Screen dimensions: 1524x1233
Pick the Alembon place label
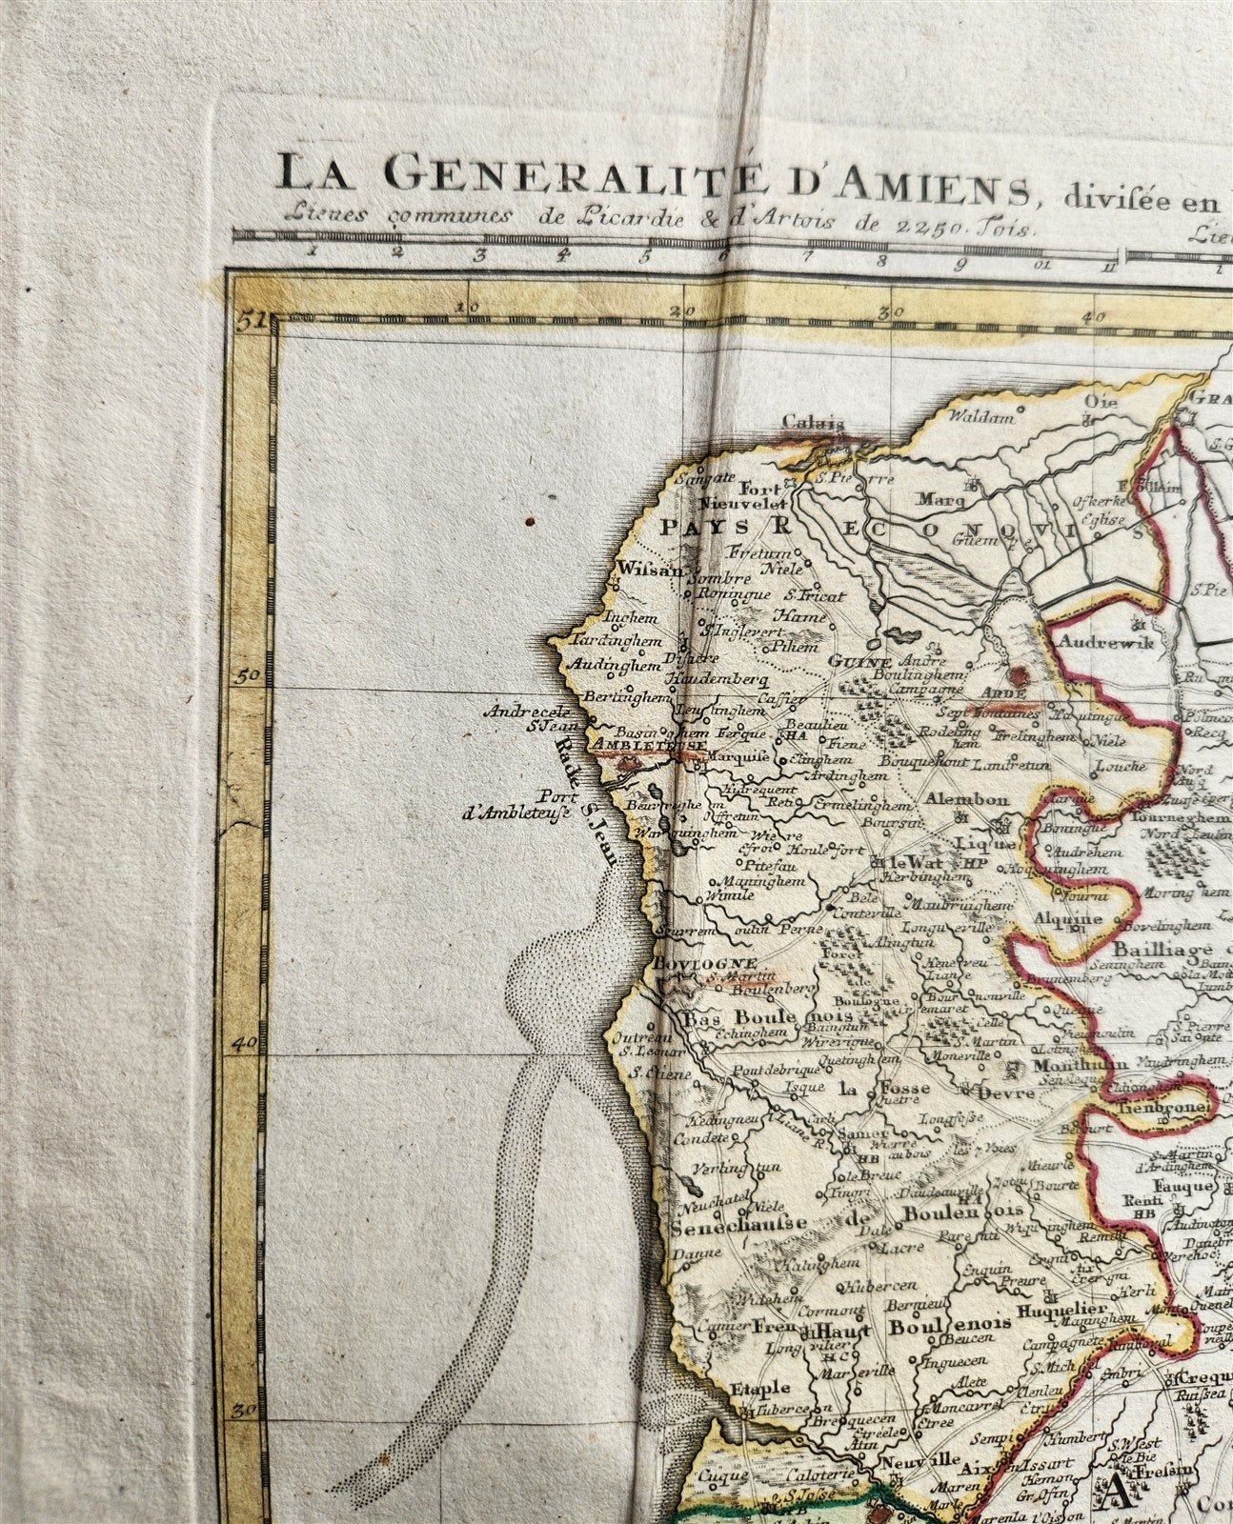pos(966,799)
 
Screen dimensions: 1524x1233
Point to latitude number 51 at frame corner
pos(249,319)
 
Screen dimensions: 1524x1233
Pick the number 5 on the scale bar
pos(645,253)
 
